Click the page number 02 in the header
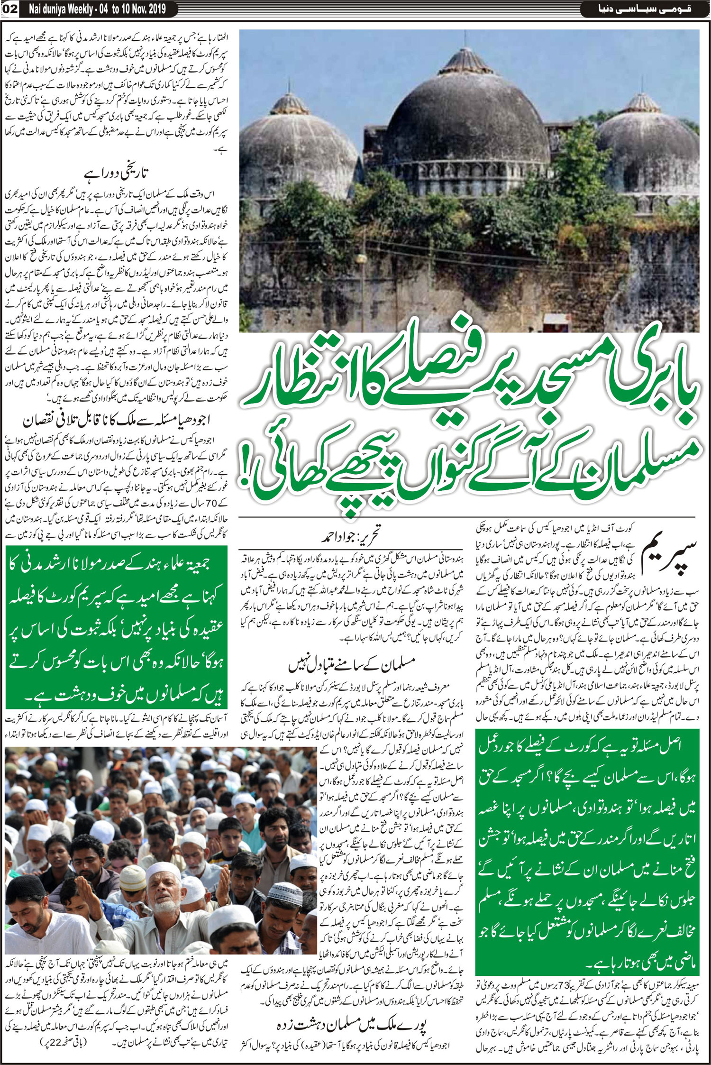click(10, 8)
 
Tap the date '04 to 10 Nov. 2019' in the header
click(128, 8)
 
